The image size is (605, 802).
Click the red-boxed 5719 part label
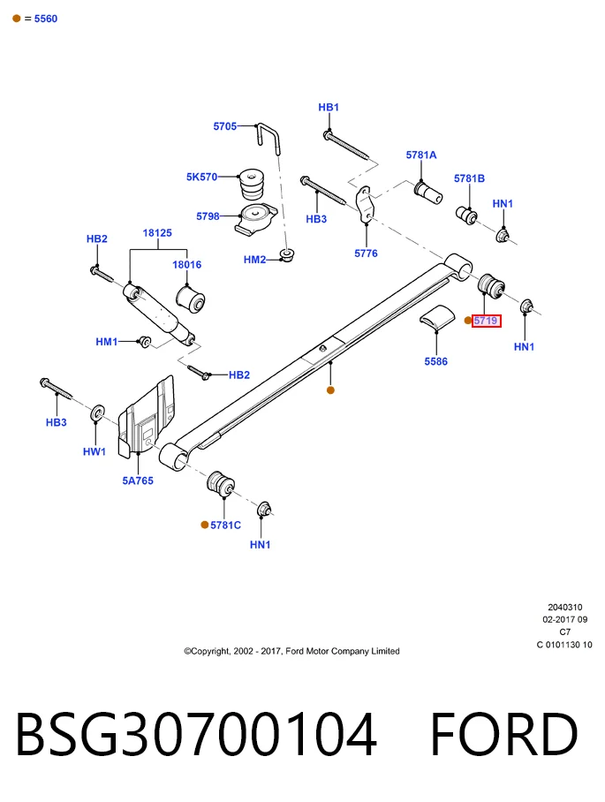click(486, 321)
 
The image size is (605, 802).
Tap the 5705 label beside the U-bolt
click(225, 125)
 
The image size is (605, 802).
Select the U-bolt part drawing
click(268, 138)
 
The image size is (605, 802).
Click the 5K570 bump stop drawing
click(252, 185)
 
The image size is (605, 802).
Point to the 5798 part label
click(208, 216)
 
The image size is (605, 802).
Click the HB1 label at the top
click(329, 108)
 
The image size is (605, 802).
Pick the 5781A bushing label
click(421, 155)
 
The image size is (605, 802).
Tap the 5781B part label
click(470, 178)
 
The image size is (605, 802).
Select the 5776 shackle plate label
click(367, 253)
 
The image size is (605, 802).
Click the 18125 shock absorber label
click(157, 232)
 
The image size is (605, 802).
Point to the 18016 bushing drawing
click(190, 299)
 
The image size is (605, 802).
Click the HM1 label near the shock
click(107, 342)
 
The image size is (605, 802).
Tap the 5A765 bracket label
click(138, 480)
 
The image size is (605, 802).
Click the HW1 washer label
click(95, 451)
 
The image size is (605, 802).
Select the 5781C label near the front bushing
click(225, 526)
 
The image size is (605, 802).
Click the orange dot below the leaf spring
click(331, 390)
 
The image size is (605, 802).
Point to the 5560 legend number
click(46, 19)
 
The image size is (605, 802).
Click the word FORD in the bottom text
click(504, 734)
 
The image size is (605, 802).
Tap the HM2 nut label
click(254, 260)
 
